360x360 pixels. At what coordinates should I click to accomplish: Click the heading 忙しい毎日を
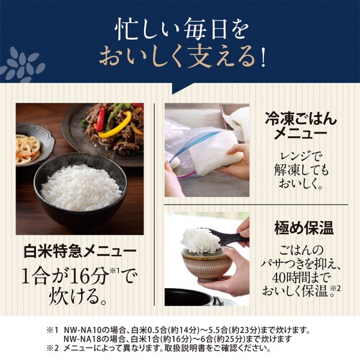click(x=179, y=29)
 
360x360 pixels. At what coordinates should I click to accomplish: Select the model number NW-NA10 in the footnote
click(x=80, y=330)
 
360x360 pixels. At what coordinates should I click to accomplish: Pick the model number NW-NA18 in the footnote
click(x=80, y=339)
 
